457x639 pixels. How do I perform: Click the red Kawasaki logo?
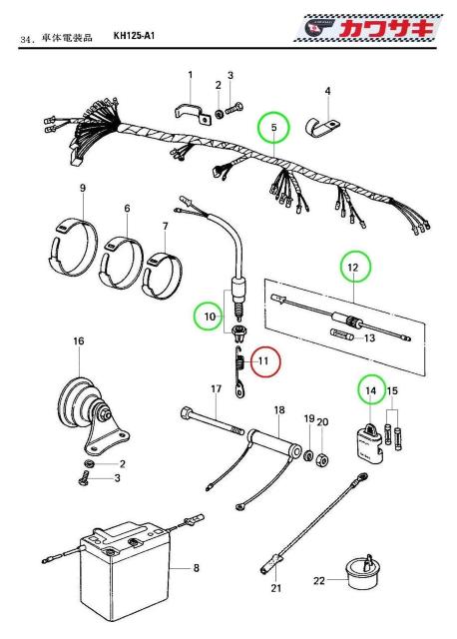pos(369,28)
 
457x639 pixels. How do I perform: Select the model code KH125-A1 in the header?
pos(134,36)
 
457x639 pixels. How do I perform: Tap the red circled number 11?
pos(265,361)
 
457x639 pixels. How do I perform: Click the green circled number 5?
pos(273,128)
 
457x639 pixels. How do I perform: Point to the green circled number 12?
pos(356,268)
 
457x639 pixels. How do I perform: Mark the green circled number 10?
pos(210,316)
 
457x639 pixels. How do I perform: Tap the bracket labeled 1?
pos(191,113)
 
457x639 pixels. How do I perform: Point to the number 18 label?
pos(279,409)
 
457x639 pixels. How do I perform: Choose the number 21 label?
pos(276,588)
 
